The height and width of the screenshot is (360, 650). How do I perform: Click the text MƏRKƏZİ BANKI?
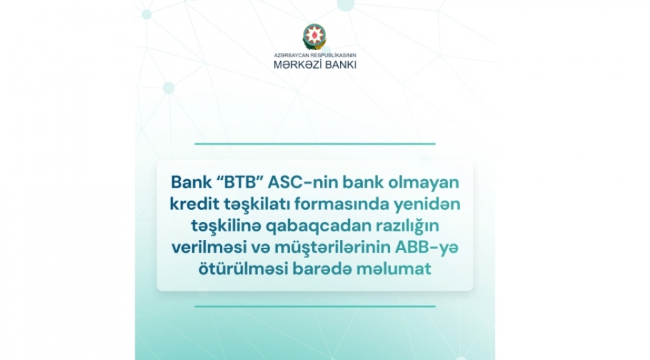[x=315, y=65]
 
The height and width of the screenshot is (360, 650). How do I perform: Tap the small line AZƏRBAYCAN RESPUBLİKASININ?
[x=315, y=55]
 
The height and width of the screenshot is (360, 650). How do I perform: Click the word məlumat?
[x=393, y=269]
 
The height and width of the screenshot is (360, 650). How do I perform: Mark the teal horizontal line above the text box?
[x=315, y=143]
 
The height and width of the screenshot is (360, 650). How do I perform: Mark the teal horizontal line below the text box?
[x=315, y=307]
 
